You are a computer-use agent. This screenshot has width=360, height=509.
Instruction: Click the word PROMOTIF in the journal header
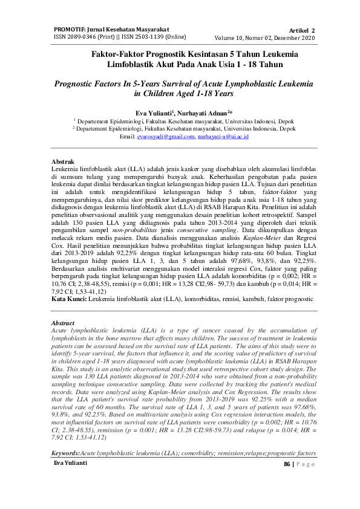coord(72,28)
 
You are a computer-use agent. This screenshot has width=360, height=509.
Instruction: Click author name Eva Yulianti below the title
coord(153,112)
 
